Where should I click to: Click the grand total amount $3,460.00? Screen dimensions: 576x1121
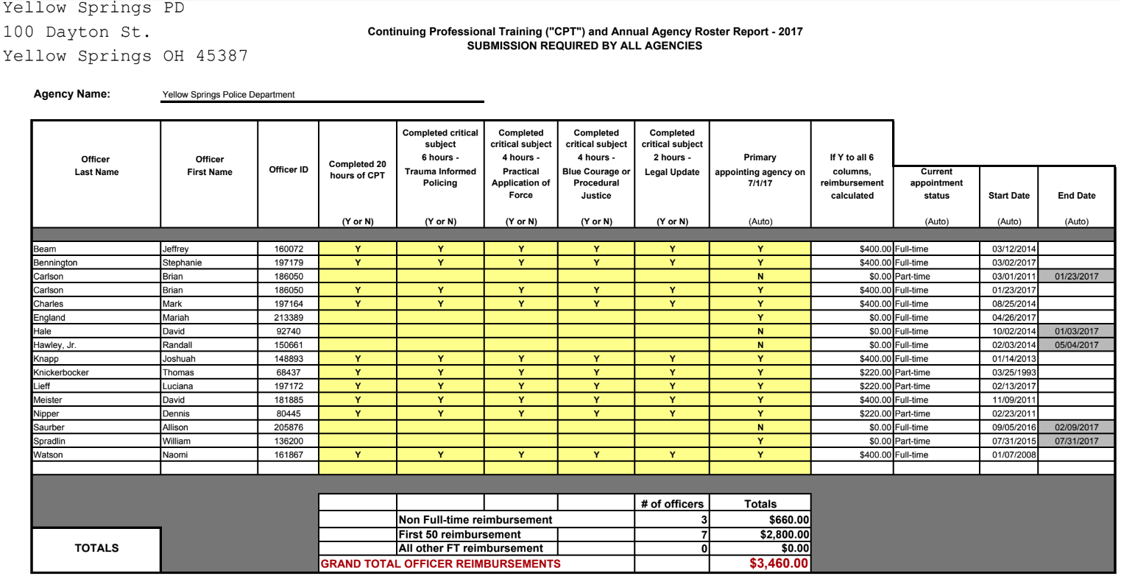[779, 564]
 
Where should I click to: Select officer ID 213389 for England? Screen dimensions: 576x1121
[288, 318]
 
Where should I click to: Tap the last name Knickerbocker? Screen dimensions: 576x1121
[61, 372]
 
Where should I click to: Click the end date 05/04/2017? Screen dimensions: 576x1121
[1076, 345]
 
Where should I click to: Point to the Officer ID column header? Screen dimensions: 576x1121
[289, 170]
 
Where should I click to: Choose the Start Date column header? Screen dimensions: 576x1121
[1008, 196]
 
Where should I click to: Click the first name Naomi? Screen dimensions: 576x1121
[175, 455]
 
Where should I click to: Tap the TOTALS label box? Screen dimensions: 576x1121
[96, 548]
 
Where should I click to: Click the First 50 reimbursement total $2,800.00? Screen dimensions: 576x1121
[785, 535]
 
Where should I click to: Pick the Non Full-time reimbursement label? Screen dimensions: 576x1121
[475, 520]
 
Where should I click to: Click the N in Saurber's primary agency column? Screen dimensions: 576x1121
[760, 427]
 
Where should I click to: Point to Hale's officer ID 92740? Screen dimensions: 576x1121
[291, 331]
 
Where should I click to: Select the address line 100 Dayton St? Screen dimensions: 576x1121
[77, 32]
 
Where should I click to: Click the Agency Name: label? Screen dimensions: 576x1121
[72, 94]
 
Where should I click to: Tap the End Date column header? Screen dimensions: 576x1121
[1076, 196]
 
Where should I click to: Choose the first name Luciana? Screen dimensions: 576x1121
[177, 386]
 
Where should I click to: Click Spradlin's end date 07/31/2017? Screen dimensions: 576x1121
[1076, 441]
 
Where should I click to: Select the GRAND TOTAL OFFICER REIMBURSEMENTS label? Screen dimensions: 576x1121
[440, 564]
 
